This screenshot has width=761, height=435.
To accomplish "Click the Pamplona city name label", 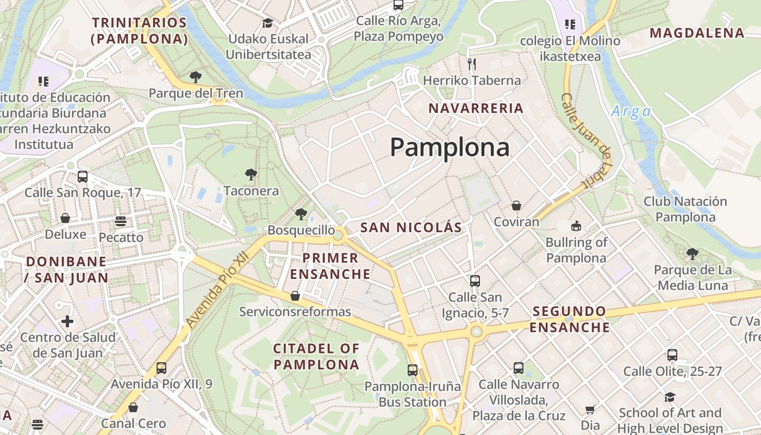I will [x=450, y=147].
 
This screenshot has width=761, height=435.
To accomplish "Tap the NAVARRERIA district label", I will [x=476, y=108].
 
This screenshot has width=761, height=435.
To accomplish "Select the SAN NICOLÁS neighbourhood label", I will [x=411, y=227].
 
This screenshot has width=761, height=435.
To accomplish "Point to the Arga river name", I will [x=631, y=111].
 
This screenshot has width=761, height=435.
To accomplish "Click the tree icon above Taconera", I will [x=251, y=175].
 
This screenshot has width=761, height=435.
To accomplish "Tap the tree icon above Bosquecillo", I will [x=301, y=214].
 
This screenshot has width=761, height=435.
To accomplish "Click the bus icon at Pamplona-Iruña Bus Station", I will [x=413, y=370].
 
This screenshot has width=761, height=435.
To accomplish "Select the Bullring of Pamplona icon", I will [x=576, y=225].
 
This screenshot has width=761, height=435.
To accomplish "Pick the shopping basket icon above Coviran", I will [x=516, y=206].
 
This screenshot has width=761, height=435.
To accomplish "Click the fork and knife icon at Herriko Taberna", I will [x=471, y=64].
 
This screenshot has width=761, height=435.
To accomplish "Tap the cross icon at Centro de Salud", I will [x=67, y=321].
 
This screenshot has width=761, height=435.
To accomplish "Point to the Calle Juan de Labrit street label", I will [x=587, y=141].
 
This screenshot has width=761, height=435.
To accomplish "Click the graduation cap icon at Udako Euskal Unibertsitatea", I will [x=267, y=23].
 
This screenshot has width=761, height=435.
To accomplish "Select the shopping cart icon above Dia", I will [x=590, y=409].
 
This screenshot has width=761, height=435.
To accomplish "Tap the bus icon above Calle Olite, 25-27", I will [x=672, y=355].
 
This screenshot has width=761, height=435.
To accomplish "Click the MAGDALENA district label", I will [x=697, y=33].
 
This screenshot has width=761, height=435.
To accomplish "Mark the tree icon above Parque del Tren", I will [x=196, y=77].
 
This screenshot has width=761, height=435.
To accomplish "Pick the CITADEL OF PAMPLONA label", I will [x=316, y=356].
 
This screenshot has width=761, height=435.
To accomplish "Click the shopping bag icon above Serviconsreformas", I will [x=295, y=296].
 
